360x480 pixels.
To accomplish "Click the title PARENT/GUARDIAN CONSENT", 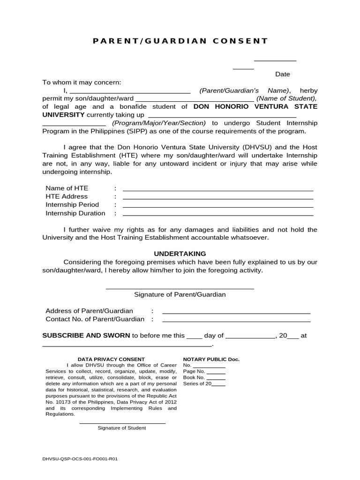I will tap(180, 41).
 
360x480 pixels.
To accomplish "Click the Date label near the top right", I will tap(282, 74).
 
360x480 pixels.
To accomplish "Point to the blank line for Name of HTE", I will tap(218, 190).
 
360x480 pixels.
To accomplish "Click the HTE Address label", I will tap(67, 196).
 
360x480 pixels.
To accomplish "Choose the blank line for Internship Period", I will tap(218, 207).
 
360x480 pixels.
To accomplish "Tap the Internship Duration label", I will tap(75, 213).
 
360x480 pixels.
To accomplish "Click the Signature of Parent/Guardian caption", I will tap(180, 295).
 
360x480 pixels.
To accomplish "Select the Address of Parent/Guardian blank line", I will tap(236, 313).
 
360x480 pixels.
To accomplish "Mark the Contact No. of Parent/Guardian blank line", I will tap(236, 321).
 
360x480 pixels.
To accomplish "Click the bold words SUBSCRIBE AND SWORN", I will tap(86, 336).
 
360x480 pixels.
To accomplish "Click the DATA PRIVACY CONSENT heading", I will tap(111, 359).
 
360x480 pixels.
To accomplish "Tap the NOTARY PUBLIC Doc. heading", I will tap(211, 359).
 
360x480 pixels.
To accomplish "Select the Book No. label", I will tap(194, 377).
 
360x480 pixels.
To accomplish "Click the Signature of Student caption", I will tap(122, 428).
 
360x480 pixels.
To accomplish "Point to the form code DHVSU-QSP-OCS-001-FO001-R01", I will tap(80, 459).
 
